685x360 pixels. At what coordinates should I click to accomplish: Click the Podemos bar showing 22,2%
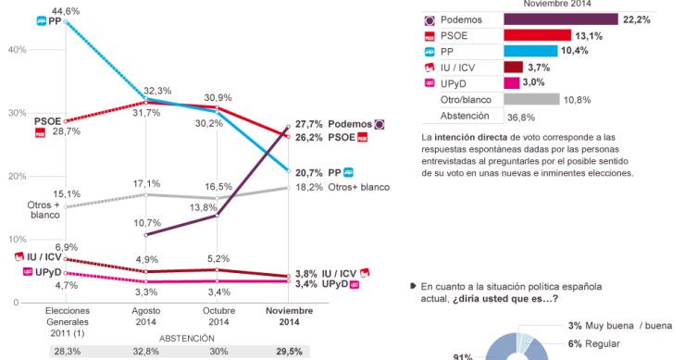click(561, 19)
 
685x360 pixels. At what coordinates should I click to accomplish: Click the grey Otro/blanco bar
click(531, 99)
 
